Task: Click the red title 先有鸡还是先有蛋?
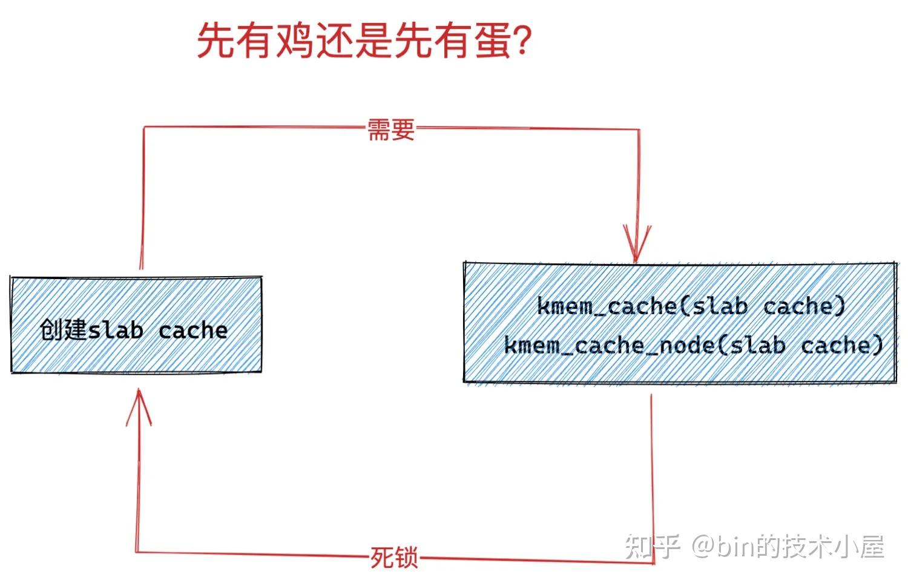[x=364, y=41]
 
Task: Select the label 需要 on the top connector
[x=391, y=130]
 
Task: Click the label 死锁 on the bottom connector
[x=394, y=558]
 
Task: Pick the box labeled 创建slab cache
[x=136, y=324]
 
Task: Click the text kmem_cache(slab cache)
[x=691, y=306]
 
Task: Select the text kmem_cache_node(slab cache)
[x=694, y=345]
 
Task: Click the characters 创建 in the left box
[x=64, y=331]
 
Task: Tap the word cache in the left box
[x=193, y=331]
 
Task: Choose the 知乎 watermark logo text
[x=653, y=547]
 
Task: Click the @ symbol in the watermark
[x=703, y=547]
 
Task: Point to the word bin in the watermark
[x=735, y=547]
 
